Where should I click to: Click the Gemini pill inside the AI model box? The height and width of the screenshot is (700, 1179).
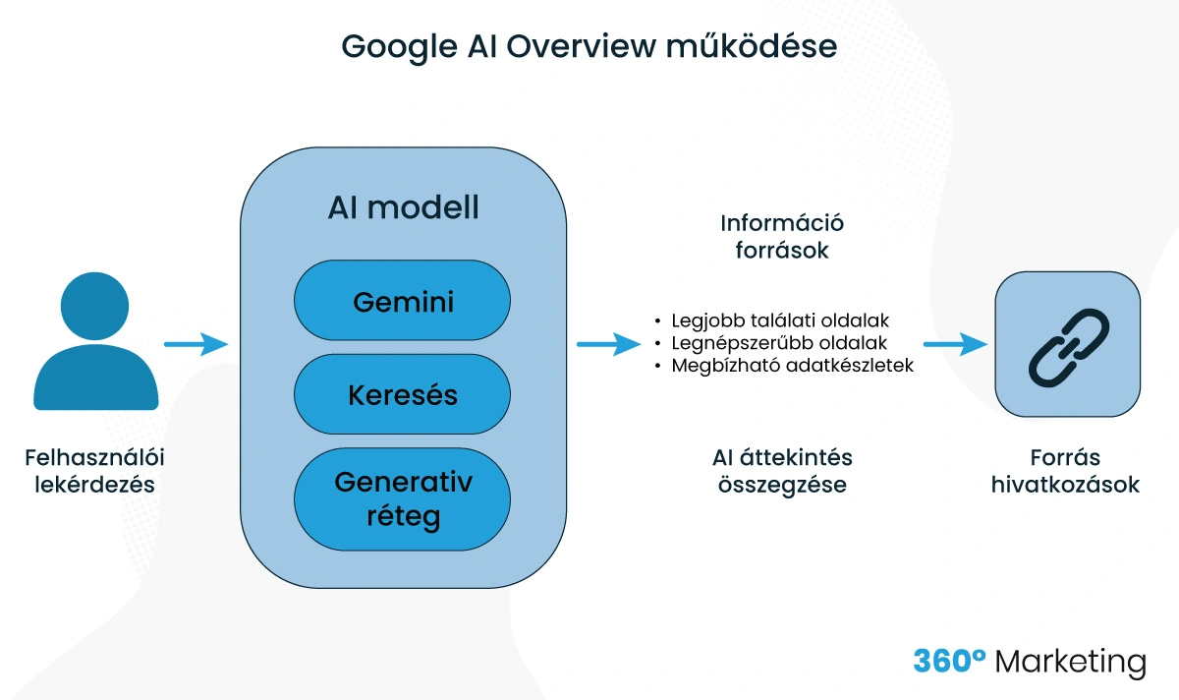click(x=403, y=301)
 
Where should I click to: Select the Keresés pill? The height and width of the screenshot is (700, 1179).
click(x=403, y=395)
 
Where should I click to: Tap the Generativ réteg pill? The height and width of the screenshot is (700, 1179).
click(x=403, y=498)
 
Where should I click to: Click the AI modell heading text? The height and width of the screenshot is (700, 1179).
click(x=403, y=207)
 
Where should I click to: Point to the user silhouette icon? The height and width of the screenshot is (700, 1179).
click(x=96, y=344)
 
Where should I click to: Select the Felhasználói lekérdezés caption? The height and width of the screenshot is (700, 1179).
click(x=95, y=471)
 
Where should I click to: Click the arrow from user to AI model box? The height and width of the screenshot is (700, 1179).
click(x=196, y=344)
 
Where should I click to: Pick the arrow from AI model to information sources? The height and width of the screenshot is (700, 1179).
click(x=608, y=344)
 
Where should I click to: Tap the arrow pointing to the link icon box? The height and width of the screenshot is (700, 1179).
click(x=954, y=344)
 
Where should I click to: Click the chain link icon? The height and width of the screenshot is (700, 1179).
click(x=1068, y=344)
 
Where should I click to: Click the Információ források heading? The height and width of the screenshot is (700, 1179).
click(x=782, y=236)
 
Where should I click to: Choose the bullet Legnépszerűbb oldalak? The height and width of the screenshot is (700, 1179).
click(x=778, y=343)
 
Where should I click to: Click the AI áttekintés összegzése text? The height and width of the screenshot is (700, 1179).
click(x=782, y=471)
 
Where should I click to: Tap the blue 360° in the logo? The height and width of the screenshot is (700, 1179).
click(x=949, y=661)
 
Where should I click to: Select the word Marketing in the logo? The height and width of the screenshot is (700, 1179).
click(x=1070, y=662)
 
